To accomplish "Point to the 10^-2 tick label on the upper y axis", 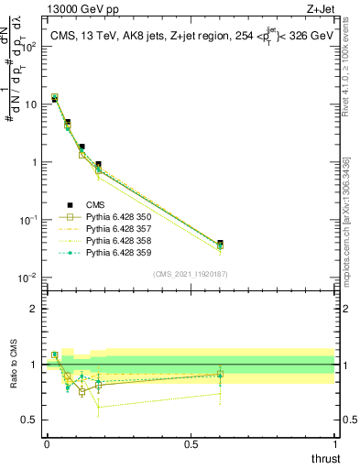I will pos(29,278).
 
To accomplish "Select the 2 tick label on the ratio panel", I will pos(35,309).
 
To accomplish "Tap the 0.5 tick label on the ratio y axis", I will pos(31,420).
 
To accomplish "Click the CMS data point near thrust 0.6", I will pos(219,244).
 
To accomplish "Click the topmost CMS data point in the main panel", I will pos(54,98).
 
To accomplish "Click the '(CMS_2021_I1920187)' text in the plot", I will pos(191,274).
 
